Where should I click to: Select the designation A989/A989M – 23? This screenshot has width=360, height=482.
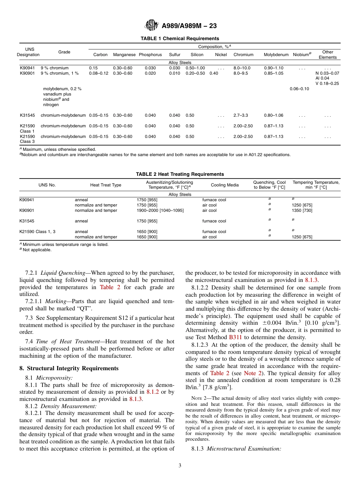(x=189, y=26)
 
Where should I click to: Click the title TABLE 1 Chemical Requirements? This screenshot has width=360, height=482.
(x=180, y=39)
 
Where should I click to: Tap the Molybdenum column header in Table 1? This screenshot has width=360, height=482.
(x=276, y=55)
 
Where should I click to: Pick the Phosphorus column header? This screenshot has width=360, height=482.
(x=150, y=55)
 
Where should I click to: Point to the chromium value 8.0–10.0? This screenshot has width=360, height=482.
(x=242, y=68)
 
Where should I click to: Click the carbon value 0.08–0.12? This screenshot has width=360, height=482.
(x=99, y=74)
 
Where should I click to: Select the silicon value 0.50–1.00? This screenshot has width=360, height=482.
(x=195, y=68)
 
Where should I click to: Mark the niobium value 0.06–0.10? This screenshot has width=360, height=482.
(x=299, y=89)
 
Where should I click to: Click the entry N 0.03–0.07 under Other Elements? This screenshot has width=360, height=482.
(x=327, y=74)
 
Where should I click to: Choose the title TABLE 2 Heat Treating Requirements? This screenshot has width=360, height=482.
(x=180, y=174)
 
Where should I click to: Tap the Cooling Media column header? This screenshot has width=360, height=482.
(x=225, y=185)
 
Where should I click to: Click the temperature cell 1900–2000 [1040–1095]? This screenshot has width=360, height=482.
(x=160, y=210)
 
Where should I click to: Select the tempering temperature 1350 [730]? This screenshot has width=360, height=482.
(x=302, y=210)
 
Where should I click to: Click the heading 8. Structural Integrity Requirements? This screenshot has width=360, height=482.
(x=69, y=368)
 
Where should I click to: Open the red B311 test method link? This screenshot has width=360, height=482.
(x=235, y=337)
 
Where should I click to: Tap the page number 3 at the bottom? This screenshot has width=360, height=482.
(x=180, y=466)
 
